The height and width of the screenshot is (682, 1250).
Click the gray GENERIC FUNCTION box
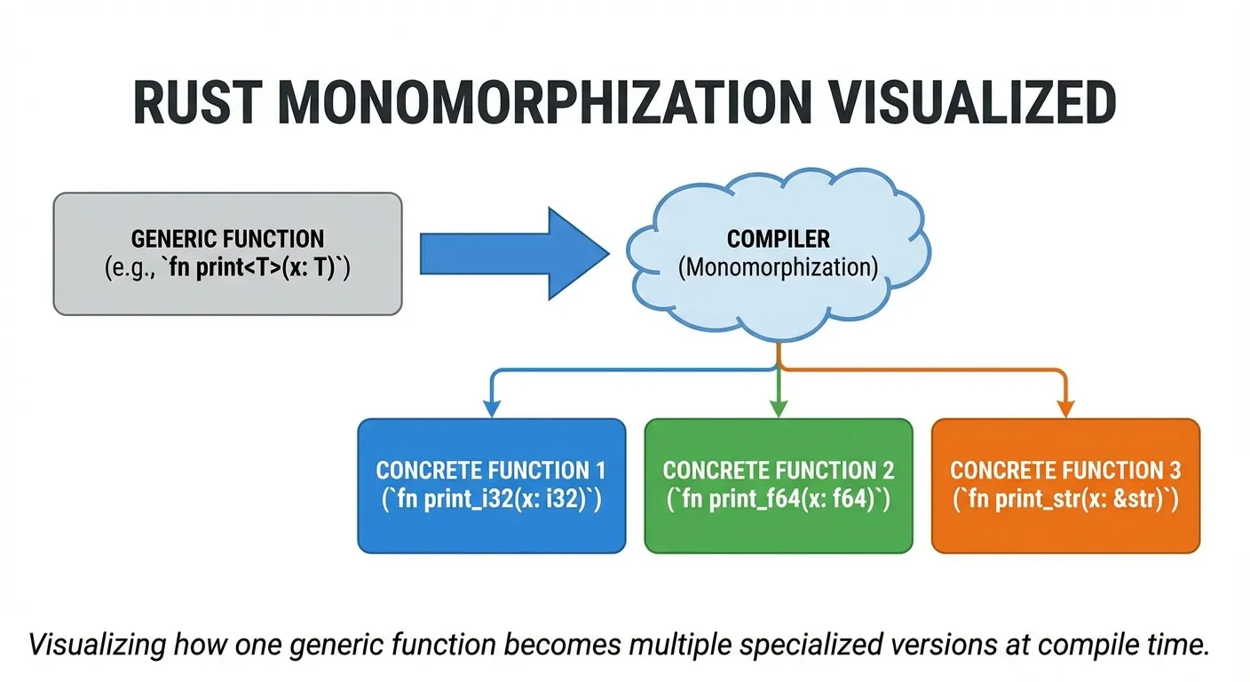click(x=227, y=253)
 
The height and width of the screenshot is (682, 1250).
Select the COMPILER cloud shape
click(x=778, y=258)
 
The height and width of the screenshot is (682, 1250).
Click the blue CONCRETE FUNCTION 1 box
click(x=491, y=486)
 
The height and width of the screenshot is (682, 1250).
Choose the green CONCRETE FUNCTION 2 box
click(x=778, y=486)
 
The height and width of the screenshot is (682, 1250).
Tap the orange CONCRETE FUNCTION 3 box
click(x=1065, y=486)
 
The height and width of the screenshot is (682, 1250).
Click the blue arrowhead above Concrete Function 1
click(x=491, y=408)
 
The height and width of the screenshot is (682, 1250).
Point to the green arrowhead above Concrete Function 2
click(x=778, y=408)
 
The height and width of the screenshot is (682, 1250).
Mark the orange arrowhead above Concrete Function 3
click(x=1065, y=408)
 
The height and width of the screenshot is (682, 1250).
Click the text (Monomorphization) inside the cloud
click(x=778, y=268)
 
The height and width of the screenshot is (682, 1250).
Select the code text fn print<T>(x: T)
click(x=257, y=267)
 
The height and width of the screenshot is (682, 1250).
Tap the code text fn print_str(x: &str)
click(x=1065, y=500)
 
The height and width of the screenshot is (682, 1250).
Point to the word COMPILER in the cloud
click(x=778, y=239)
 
